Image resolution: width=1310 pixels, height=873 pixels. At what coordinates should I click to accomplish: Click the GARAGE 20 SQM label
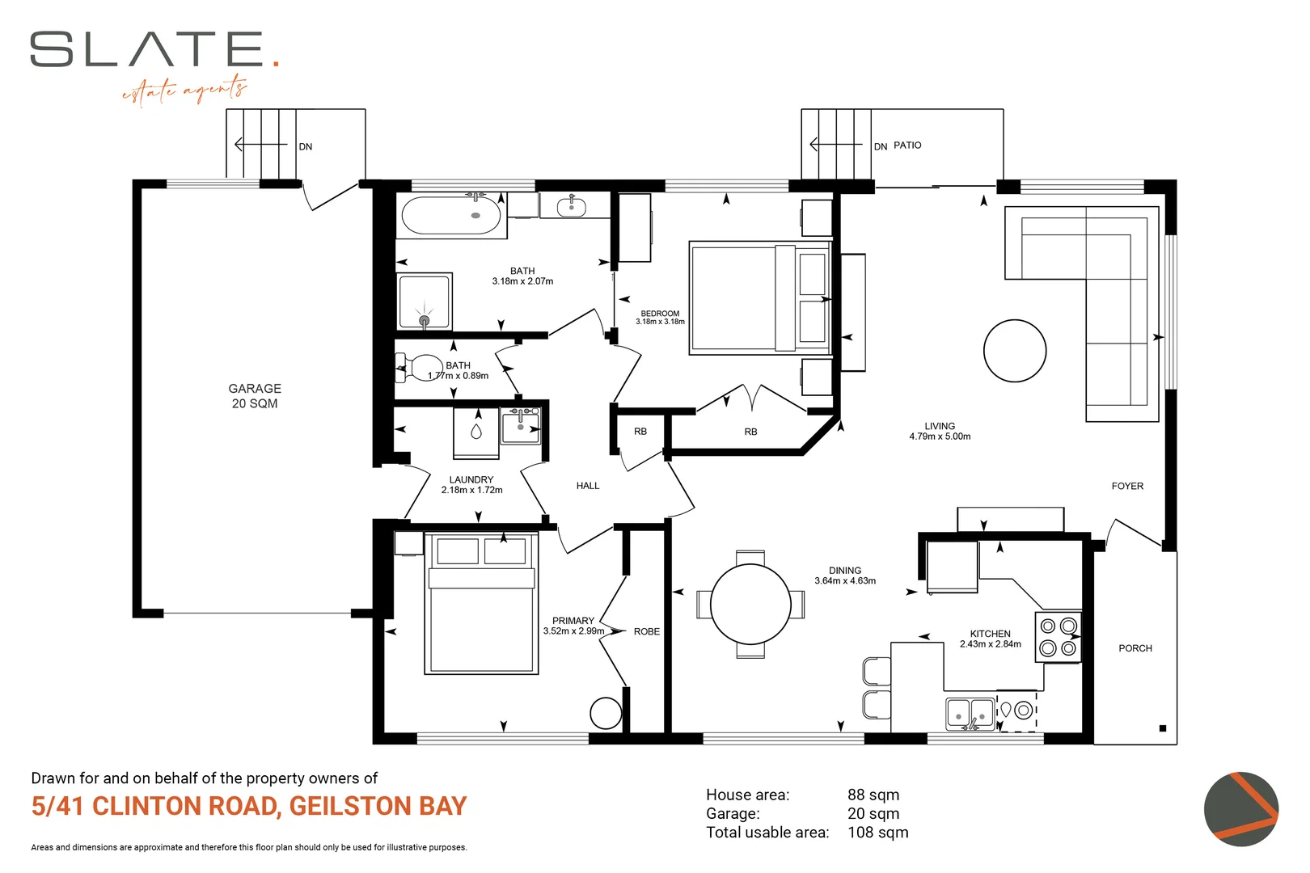coord(255,396)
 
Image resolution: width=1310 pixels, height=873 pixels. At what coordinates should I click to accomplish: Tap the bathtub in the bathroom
coord(451,215)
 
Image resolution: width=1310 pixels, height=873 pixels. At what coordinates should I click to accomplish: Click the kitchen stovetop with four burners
coord(1058,637)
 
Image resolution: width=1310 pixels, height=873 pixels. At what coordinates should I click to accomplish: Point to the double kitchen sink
coord(970,714)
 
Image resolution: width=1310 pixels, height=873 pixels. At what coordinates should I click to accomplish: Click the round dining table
coord(750,605)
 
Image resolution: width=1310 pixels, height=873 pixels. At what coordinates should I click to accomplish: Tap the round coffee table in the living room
coord(1015,351)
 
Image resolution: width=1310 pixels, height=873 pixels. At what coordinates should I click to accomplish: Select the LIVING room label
coord(940,431)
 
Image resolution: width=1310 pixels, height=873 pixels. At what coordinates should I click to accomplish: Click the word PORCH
coord(1135,648)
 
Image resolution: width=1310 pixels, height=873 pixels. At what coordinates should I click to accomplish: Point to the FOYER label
coord(1127,486)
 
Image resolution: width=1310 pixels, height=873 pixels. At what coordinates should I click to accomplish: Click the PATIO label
coord(907,145)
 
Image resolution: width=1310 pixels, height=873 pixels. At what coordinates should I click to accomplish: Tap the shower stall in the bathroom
coord(425,302)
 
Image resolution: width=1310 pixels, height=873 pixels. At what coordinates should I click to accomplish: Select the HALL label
coord(588,485)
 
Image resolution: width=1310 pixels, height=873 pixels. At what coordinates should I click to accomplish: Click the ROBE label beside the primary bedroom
coord(647,631)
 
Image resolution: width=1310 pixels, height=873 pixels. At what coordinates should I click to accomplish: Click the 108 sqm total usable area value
coord(878,832)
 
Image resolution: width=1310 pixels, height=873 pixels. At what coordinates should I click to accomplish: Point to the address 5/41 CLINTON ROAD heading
coord(249,806)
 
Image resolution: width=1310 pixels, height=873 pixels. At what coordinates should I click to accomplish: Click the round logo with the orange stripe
coord(1241,808)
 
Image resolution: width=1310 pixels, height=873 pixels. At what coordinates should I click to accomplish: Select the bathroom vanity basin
coord(572,206)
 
